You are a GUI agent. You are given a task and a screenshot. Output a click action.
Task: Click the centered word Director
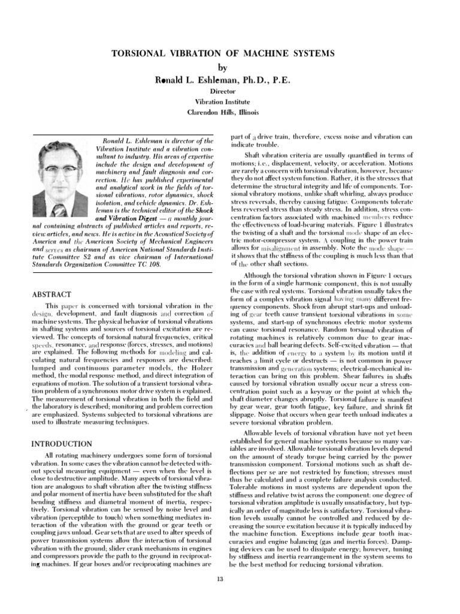tap(230, 93)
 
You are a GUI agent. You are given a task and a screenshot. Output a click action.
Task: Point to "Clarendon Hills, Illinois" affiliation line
tap(230, 112)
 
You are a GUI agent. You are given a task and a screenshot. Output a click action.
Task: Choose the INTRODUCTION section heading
tap(61, 443)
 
